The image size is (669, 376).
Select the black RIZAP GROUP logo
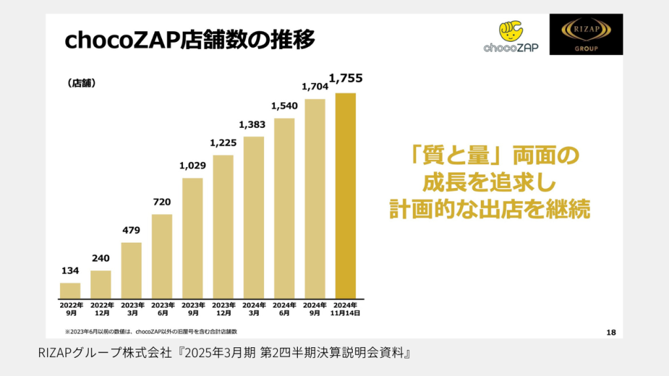[x=585, y=35]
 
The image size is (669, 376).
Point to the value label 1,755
[x=346, y=79]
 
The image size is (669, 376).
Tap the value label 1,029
[x=193, y=166]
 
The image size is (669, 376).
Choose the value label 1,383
[x=253, y=124]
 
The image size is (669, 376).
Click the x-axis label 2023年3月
[x=131, y=309]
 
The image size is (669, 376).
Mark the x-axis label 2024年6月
[x=284, y=309]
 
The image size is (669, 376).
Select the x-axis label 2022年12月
[x=101, y=309]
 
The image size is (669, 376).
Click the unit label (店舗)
[x=81, y=84]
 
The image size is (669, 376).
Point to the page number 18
[x=611, y=333]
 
